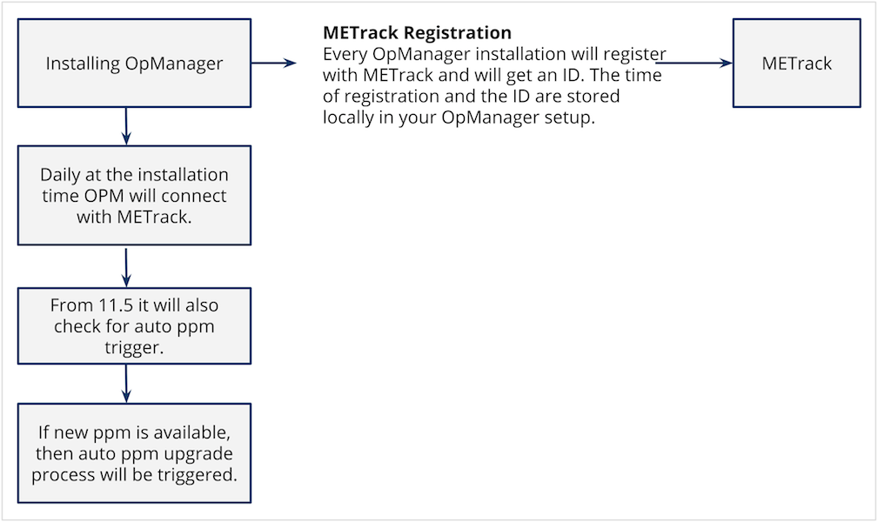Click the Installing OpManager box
click(x=134, y=64)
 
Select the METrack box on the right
click(x=797, y=64)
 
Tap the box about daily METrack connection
click(x=134, y=196)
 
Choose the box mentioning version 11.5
click(x=134, y=326)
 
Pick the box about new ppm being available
click(x=134, y=453)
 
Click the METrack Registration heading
click(x=417, y=33)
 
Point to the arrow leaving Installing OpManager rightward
click(x=274, y=64)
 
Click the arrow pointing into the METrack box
click(x=694, y=64)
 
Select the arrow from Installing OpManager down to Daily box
click(x=126, y=126)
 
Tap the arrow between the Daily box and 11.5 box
click(x=126, y=268)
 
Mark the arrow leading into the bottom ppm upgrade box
click(x=126, y=384)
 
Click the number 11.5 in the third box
click(x=117, y=305)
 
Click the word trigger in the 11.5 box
click(x=134, y=348)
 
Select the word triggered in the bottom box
click(x=198, y=475)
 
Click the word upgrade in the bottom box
click(x=198, y=454)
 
